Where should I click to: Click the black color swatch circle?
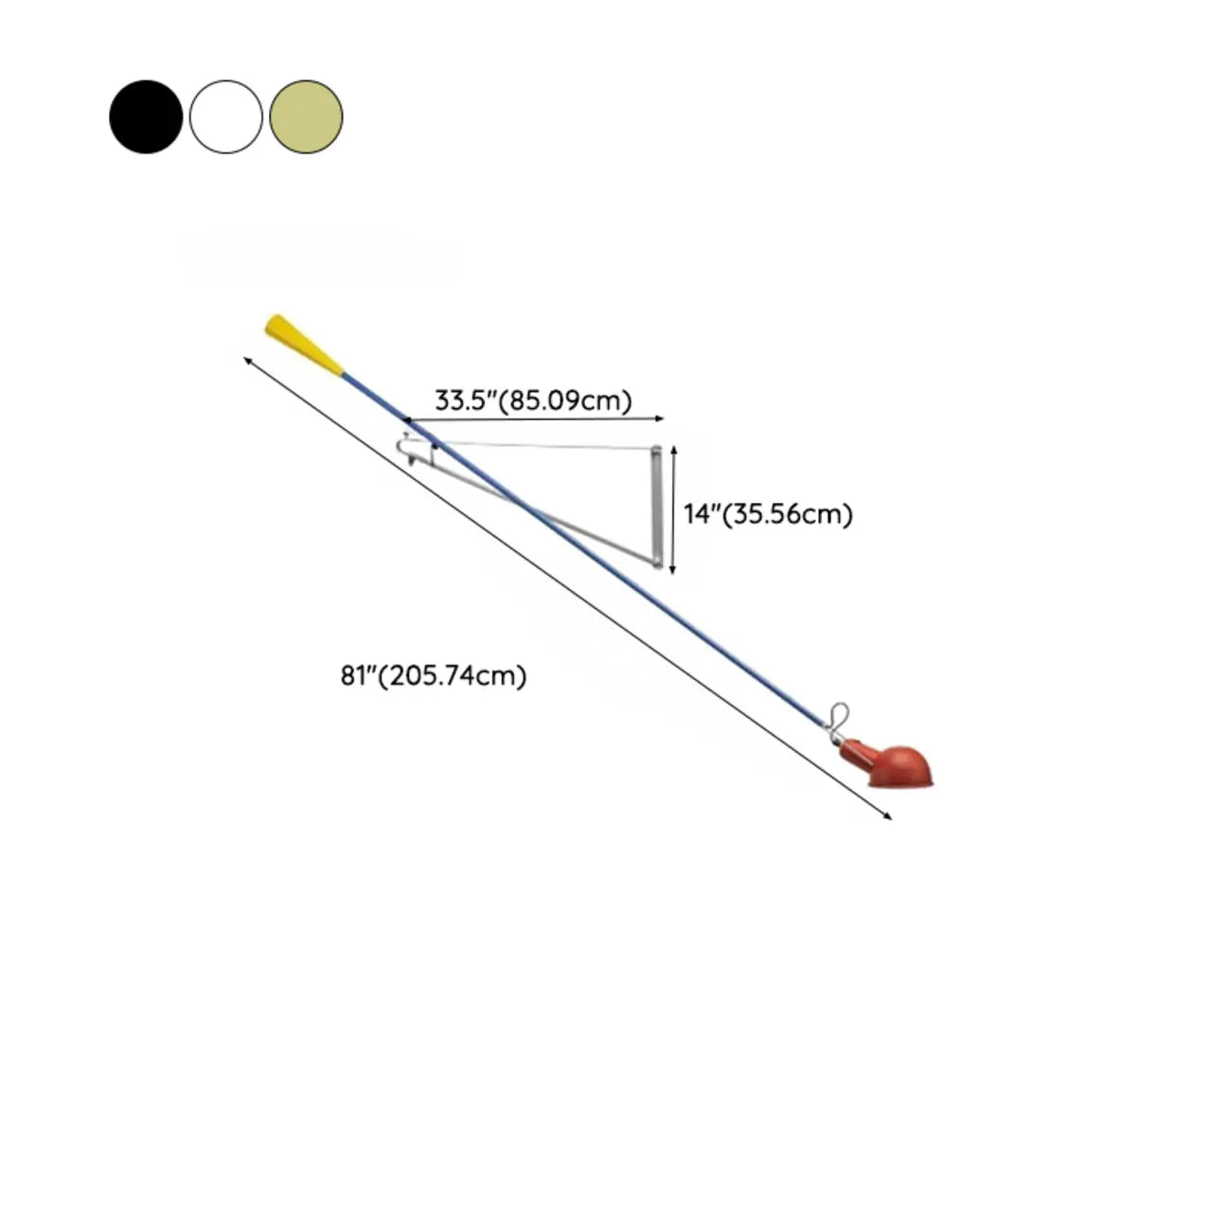coord(146,116)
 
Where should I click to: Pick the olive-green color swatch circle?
coord(306,116)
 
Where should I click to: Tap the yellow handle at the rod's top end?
coord(305,345)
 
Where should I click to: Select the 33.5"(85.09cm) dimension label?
coord(533,401)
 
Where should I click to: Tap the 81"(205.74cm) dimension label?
coord(434,675)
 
